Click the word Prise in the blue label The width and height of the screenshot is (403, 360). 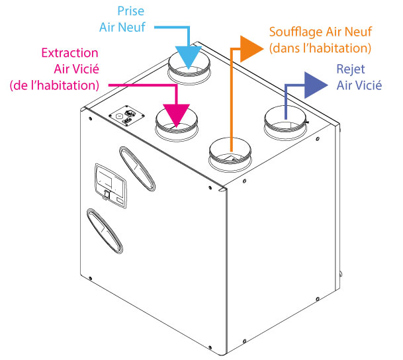pyautogui.click(x=130, y=11)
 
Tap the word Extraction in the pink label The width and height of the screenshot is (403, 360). pyautogui.click(x=70, y=53)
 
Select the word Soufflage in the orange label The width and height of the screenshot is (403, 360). pyautogui.click(x=295, y=32)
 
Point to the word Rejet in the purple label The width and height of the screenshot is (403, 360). pyautogui.click(x=351, y=69)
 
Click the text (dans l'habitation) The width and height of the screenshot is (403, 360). pyautogui.click(x=320, y=48)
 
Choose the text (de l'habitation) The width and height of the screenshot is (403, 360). pyautogui.click(x=54, y=85)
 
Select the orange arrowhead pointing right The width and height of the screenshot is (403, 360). pyautogui.click(x=251, y=49)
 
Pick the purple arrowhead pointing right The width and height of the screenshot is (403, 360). pyautogui.click(x=316, y=85)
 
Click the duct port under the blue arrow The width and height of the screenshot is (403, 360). pyautogui.click(x=189, y=68)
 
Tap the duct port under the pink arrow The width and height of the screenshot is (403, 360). pyautogui.click(x=177, y=124)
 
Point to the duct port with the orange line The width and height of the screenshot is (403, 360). pyautogui.click(x=230, y=154)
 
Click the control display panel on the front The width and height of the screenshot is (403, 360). pyautogui.click(x=111, y=185)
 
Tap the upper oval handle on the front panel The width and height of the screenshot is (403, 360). pyautogui.click(x=137, y=169)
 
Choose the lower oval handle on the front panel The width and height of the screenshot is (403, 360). pyautogui.click(x=105, y=231)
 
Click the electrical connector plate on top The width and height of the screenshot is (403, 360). pyautogui.click(x=126, y=115)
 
